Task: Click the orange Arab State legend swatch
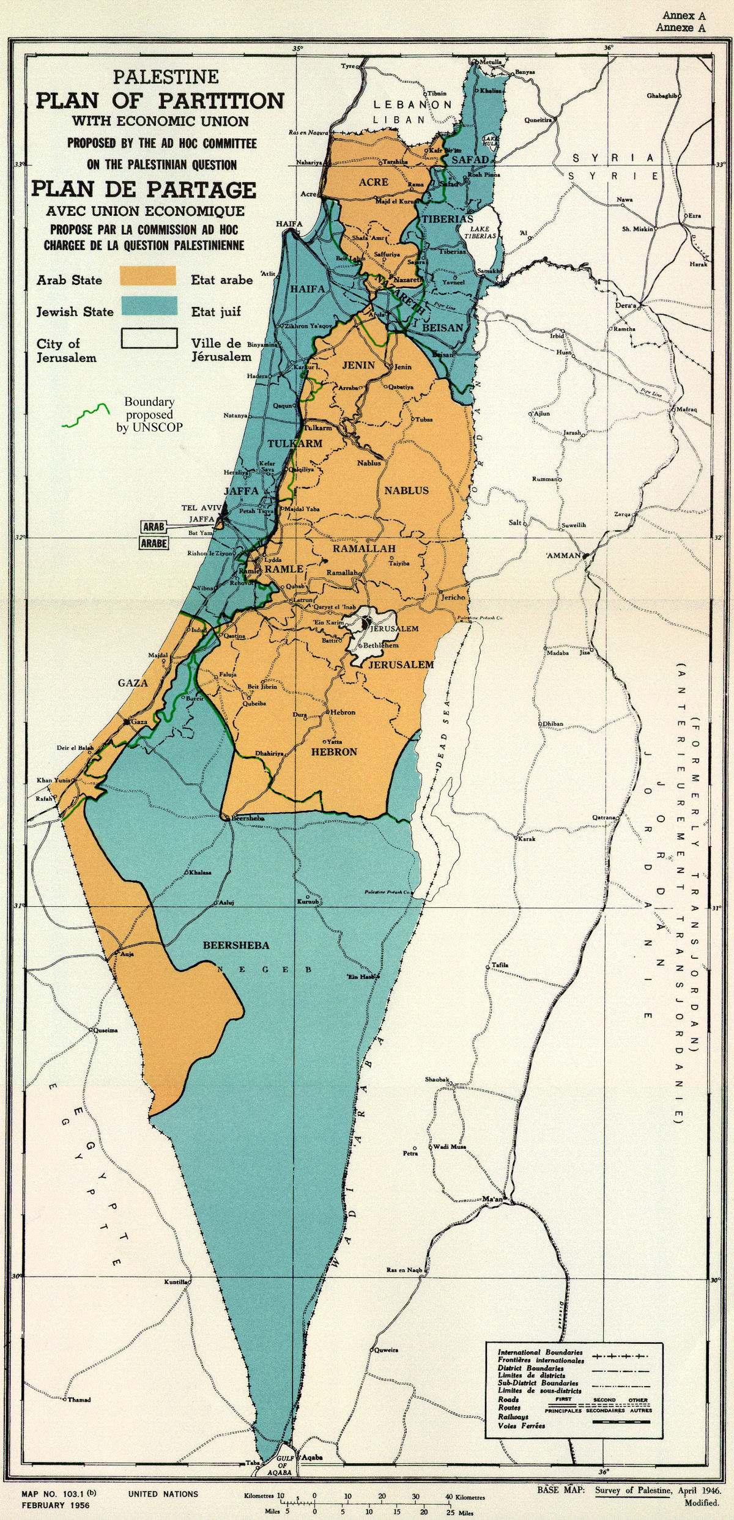147,276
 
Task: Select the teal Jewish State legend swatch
149,306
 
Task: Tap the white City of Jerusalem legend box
149,338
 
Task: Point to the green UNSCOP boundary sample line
84,415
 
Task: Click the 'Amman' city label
562,556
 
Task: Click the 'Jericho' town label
454,597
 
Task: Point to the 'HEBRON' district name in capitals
334,751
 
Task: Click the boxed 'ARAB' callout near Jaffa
154,526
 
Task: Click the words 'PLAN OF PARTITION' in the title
160,100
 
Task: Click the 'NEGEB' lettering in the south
265,970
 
